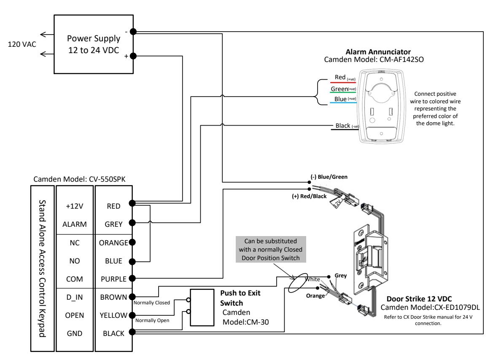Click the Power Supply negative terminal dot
pyautogui.click(x=133, y=32)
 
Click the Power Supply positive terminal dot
pyautogui.click(x=133, y=56)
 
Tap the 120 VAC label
pyautogui.click(x=22, y=44)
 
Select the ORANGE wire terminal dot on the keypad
pyautogui.click(x=132, y=242)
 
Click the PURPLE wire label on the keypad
pyautogui.click(x=113, y=279)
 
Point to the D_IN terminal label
pyautogui.click(x=75, y=298)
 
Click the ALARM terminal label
pyautogui.click(x=75, y=225)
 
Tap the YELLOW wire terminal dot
pyautogui.click(x=132, y=315)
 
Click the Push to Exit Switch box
pyautogui.click(x=202, y=307)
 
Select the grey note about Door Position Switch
pyautogui.click(x=271, y=249)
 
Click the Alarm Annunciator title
pyautogui.click(x=378, y=52)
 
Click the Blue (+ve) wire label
pyautogui.click(x=345, y=99)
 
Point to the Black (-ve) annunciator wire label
pyautogui.click(x=347, y=126)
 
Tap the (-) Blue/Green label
pyautogui.click(x=329, y=177)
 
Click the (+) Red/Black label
pyautogui.click(x=309, y=196)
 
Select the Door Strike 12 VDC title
pyautogui.click(x=419, y=299)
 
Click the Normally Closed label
pyautogui.click(x=151, y=303)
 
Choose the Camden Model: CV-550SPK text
pyautogui.click(x=79, y=180)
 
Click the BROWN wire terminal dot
pyautogui.click(x=132, y=296)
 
